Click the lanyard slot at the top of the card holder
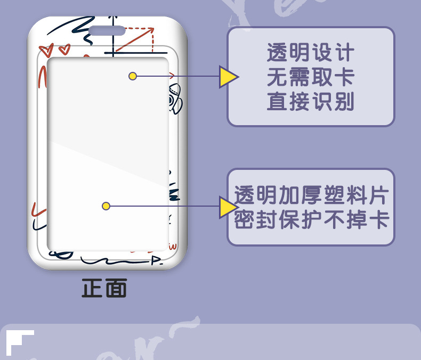pos(107,31)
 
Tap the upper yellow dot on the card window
pos(133,76)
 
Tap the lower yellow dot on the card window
pos(106,206)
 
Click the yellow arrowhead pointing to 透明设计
pos(228,77)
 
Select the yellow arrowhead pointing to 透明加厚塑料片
pos(228,207)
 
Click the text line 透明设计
pos(311,54)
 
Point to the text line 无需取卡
pos(311,78)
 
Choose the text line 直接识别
pos(311,102)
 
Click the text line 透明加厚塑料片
pos(311,195)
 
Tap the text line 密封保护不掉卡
pos(311,220)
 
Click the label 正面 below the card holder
pos(104,288)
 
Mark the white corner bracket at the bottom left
pos(19,341)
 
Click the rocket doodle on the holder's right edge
pos(174,99)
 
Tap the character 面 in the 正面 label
pos(116,288)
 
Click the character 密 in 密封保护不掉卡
pos(245,220)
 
